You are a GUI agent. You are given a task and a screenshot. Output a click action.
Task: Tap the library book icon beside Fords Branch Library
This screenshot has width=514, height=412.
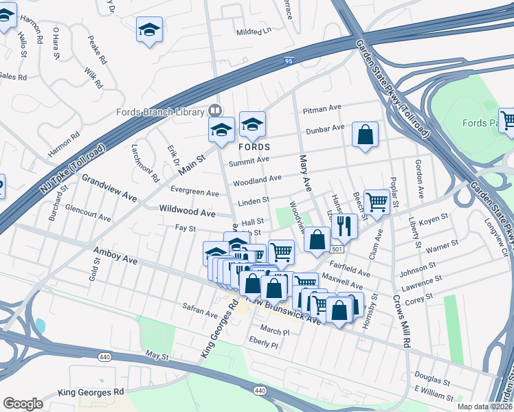coord(215,111)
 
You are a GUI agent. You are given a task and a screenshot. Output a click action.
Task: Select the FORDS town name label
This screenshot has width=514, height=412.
coord(254,148)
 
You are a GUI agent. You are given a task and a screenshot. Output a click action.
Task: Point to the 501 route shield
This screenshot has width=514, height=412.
coord(337,249)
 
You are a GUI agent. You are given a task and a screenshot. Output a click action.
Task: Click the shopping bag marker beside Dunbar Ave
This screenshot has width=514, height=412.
coord(365,135)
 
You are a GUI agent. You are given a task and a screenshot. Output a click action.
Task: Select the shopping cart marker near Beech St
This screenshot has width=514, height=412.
coord(377,202)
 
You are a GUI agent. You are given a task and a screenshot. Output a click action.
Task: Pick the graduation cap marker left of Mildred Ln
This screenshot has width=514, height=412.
coord(149,30)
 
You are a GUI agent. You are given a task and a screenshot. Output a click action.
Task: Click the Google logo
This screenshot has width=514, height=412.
coord(23,404)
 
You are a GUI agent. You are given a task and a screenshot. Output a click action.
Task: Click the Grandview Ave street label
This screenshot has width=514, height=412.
coord(109,187)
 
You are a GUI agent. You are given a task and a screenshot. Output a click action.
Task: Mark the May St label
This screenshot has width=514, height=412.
coord(157,356)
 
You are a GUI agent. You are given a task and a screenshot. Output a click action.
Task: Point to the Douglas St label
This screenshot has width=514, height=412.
coord(432,377)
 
